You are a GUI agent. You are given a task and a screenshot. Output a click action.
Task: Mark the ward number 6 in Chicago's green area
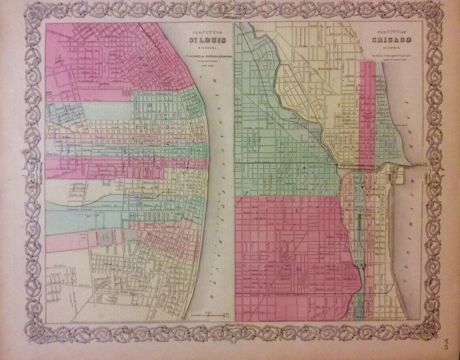click(x=283, y=143)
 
